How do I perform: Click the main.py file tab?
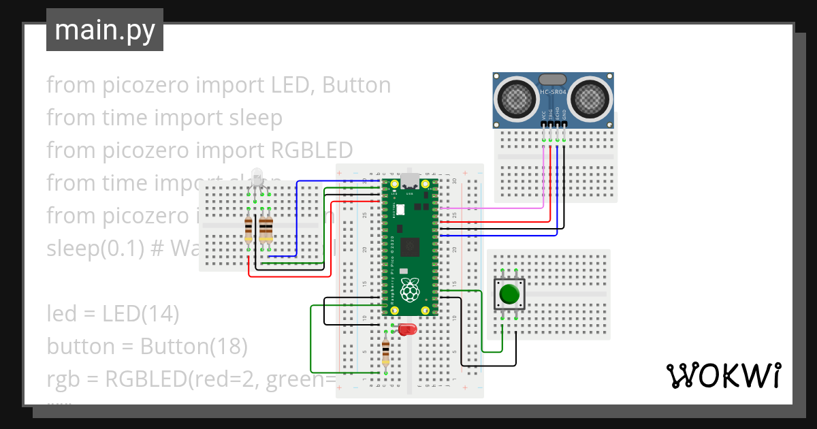[104, 30]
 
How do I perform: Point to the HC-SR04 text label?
[553, 92]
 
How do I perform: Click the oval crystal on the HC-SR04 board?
[553, 80]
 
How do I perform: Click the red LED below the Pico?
[407, 330]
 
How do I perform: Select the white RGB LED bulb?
[257, 178]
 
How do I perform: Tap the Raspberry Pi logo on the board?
[409, 289]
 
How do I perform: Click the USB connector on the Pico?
[410, 182]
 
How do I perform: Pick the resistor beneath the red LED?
[386, 352]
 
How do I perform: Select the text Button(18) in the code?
[193, 347]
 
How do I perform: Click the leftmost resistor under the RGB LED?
[249, 229]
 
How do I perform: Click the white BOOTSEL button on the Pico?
[400, 210]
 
